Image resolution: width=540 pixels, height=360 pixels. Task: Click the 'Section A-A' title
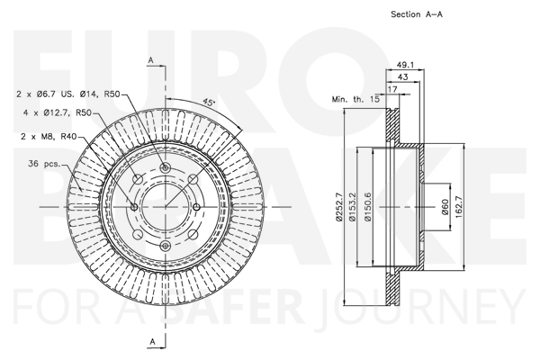click(x=417, y=14)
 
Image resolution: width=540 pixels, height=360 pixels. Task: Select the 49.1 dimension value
click(x=405, y=65)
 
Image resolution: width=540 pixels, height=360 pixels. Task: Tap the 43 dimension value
click(x=402, y=76)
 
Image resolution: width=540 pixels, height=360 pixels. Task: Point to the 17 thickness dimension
click(x=392, y=89)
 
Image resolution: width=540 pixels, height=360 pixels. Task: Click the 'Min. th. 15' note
click(x=355, y=99)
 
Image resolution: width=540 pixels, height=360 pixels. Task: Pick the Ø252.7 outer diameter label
click(x=339, y=207)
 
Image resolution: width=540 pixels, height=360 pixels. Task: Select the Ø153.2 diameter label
click(x=352, y=207)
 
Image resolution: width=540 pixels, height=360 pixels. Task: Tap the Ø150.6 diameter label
click(x=368, y=207)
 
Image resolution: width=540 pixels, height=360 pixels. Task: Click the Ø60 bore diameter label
click(x=445, y=207)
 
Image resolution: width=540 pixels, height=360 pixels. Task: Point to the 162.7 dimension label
click(x=458, y=207)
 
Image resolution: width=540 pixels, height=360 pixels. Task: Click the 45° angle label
click(x=209, y=103)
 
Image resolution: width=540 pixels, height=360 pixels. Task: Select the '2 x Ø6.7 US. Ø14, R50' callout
click(x=68, y=94)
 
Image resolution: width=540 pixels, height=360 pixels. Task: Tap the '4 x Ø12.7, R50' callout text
click(x=58, y=112)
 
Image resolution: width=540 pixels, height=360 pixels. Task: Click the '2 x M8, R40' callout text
click(x=49, y=137)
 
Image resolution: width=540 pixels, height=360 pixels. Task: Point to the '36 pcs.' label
click(x=44, y=163)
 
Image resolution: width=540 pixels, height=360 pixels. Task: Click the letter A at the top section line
click(x=151, y=60)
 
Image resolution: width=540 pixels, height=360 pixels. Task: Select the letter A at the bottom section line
click(x=153, y=342)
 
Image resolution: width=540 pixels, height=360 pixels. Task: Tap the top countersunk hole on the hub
click(x=166, y=167)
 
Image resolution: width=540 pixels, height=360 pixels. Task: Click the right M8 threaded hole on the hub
click(x=196, y=207)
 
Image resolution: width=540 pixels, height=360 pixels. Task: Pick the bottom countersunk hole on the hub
click(x=166, y=246)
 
